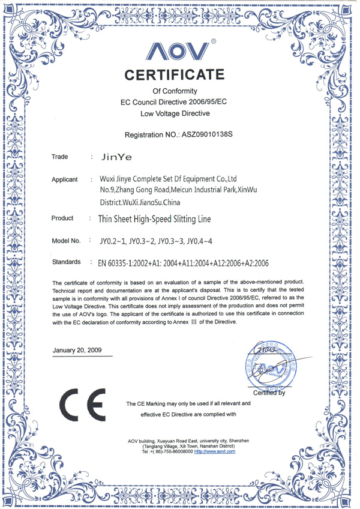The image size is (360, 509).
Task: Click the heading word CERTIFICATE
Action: pyautogui.click(x=175, y=76)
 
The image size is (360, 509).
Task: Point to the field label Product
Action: pyautogui.click(x=62, y=218)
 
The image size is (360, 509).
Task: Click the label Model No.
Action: pyautogui.click(x=66, y=241)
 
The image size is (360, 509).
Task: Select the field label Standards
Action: pyautogui.click(x=67, y=262)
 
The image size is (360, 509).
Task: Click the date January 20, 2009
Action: pyautogui.click(x=77, y=350)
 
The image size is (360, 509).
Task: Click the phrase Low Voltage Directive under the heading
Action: pyautogui.click(x=175, y=113)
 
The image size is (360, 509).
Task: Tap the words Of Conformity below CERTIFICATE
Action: pyautogui.click(x=175, y=90)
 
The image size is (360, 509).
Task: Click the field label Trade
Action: pyautogui.click(x=59, y=157)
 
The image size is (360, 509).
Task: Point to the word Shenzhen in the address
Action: pyautogui.click(x=236, y=441)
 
